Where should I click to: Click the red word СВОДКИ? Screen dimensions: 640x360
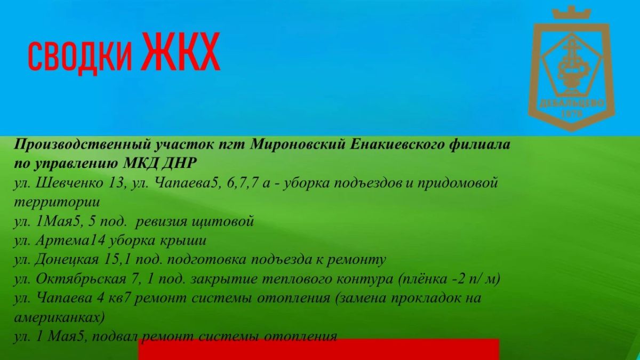pos(81,57)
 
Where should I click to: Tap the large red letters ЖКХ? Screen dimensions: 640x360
pos(181,51)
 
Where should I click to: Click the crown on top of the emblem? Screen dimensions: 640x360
pos(571,13)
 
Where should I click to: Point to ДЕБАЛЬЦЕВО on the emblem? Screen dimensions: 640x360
pos(572,103)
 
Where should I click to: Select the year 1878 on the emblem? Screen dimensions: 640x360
pos(572,114)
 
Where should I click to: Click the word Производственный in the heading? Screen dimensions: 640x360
pos(82,145)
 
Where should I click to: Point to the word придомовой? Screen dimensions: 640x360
pos(458,183)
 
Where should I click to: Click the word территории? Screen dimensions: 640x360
pos(57,203)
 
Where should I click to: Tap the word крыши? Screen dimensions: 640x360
pos(182,241)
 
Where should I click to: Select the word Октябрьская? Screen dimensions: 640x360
pos(81,279)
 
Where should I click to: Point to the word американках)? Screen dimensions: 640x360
pos(59,318)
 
